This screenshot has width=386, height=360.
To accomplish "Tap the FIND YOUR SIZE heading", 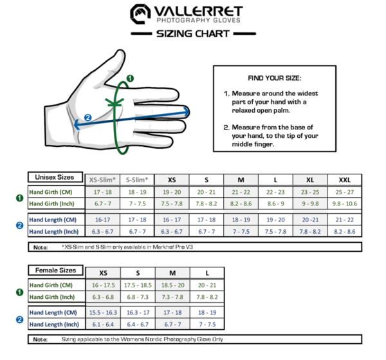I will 273,78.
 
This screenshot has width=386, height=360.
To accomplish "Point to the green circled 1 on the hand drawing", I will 130,79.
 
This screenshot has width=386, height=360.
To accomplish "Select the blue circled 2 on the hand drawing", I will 88,117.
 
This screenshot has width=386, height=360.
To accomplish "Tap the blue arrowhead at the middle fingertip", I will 187,111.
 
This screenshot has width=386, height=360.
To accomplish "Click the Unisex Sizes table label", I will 55,177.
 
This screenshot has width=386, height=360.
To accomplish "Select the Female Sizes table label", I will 55,270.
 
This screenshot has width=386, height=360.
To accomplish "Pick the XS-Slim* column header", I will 103,180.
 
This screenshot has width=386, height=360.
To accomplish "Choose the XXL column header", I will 344,180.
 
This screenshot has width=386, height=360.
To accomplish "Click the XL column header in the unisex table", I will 309,180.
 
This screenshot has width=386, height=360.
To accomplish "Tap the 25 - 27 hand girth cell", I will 344,192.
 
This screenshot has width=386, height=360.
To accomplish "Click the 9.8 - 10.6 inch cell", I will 344,204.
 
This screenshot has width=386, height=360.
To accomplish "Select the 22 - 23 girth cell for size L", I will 275,192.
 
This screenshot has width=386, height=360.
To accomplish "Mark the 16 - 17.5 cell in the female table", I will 103,285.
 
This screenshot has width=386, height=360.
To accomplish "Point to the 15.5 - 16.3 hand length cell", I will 103,312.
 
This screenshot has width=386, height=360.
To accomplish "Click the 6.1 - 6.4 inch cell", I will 103,324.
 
